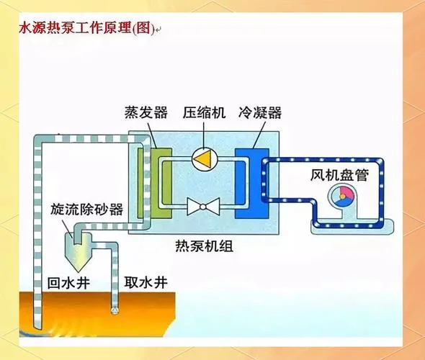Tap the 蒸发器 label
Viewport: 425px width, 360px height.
coord(146,112)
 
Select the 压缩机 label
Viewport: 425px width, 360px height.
coord(204,112)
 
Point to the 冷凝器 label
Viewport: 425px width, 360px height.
coord(260,112)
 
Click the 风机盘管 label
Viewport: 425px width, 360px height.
coord(339,175)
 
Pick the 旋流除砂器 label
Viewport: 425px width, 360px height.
coord(86,209)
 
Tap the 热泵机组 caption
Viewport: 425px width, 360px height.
coord(204,246)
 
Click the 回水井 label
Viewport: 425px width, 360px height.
coord(68,283)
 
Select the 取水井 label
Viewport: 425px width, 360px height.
coord(146,282)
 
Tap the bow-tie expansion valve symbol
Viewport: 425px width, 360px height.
coord(203,207)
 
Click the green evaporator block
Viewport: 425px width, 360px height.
coord(161,183)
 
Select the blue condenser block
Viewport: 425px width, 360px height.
coord(252,183)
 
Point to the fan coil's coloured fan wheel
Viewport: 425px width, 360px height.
coord(343,196)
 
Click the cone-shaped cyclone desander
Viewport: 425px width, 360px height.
coord(78,251)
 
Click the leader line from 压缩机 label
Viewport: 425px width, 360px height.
coord(204,135)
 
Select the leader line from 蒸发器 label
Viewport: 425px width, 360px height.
coord(152,135)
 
